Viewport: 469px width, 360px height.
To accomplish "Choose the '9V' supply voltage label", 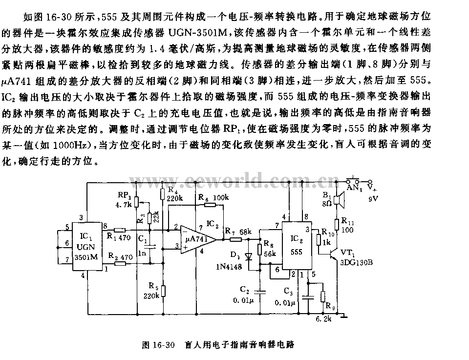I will click(x=373, y=198).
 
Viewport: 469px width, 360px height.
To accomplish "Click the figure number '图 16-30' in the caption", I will click(x=157, y=345).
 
